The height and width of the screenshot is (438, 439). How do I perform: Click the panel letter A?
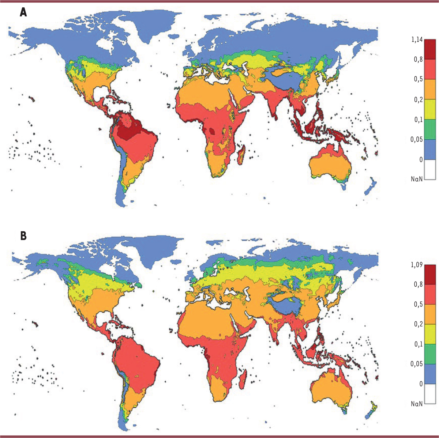23,12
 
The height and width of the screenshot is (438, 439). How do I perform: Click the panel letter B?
23,236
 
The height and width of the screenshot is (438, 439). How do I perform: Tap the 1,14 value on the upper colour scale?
417,39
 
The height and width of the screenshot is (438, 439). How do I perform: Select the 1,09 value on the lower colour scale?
417,265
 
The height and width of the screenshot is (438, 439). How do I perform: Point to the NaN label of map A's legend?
417,179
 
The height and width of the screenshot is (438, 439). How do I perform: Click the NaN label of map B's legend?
417,404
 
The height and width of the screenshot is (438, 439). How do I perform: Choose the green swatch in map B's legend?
430,354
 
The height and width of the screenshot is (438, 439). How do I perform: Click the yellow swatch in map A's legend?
430,109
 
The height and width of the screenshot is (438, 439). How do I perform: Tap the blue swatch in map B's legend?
430,374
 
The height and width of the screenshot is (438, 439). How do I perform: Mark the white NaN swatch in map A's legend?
430,169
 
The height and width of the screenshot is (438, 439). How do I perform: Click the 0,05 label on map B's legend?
416,364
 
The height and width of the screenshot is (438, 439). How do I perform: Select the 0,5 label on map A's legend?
418,79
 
